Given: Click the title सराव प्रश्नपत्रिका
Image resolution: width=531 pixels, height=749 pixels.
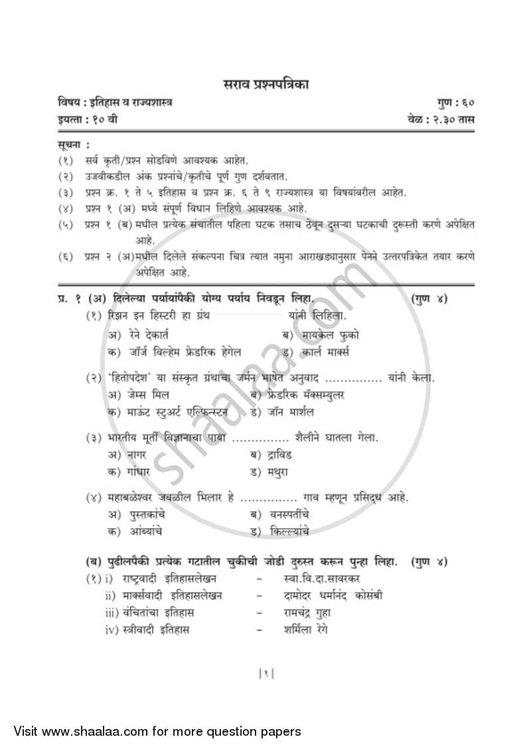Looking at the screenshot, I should coord(265,84).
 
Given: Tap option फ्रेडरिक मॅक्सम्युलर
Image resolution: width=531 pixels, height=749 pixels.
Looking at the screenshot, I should coord(306,395).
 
